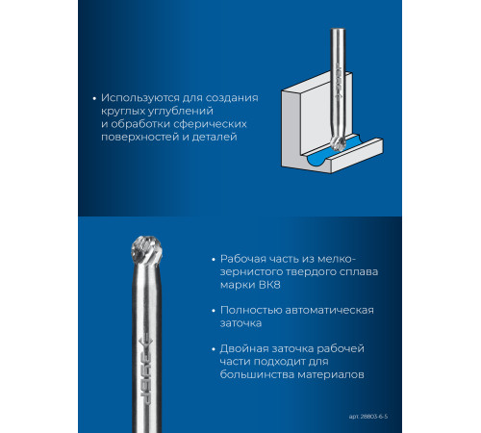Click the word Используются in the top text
pyautogui.click(x=140, y=98)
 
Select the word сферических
pyautogui.click(x=212, y=124)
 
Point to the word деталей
pyautogui.click(x=215, y=137)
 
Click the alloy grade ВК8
pyautogui.click(x=268, y=285)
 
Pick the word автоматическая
pyautogui.click(x=329, y=311)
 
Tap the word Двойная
pyautogui.click(x=243, y=349)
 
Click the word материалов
pyautogui.click(x=331, y=374)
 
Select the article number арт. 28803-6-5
pyautogui.click(x=368, y=417)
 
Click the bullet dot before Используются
pyautogui.click(x=94, y=98)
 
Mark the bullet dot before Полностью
pyautogui.click(x=214, y=311)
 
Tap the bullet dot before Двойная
pyautogui.click(x=214, y=349)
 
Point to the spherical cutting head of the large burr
pyautogui.click(x=147, y=248)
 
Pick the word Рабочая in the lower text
pyautogui.click(x=242, y=259)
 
